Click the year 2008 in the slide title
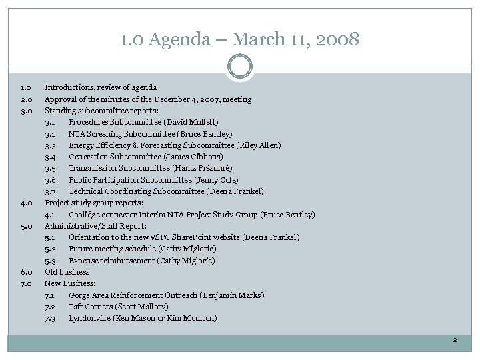[x=337, y=39]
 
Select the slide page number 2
[x=455, y=341]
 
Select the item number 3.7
[x=50, y=191]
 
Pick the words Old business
[x=67, y=272]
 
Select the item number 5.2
[x=50, y=249]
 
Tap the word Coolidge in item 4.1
[x=85, y=215]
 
